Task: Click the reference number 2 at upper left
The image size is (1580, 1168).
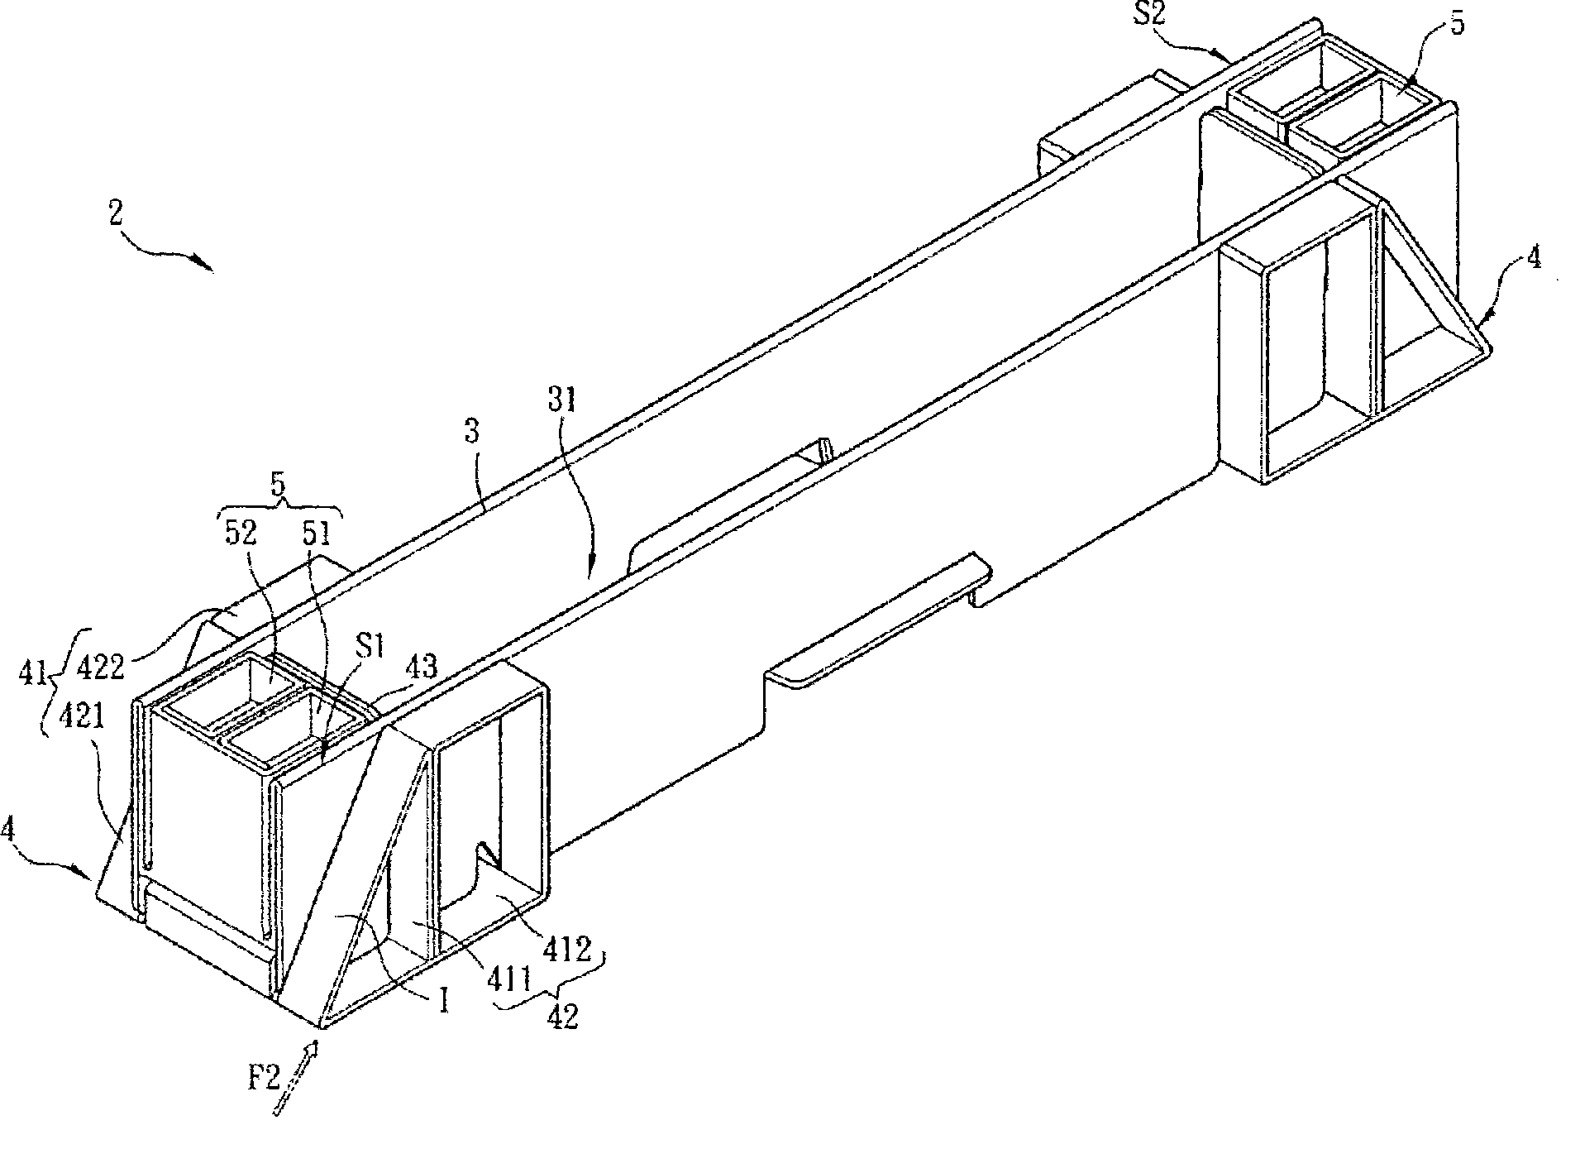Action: click(x=115, y=214)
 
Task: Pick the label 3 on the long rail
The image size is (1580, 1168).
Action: click(x=472, y=432)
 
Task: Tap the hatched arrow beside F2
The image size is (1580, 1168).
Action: click(x=295, y=1079)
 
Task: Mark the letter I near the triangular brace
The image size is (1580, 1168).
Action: click(x=445, y=1002)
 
